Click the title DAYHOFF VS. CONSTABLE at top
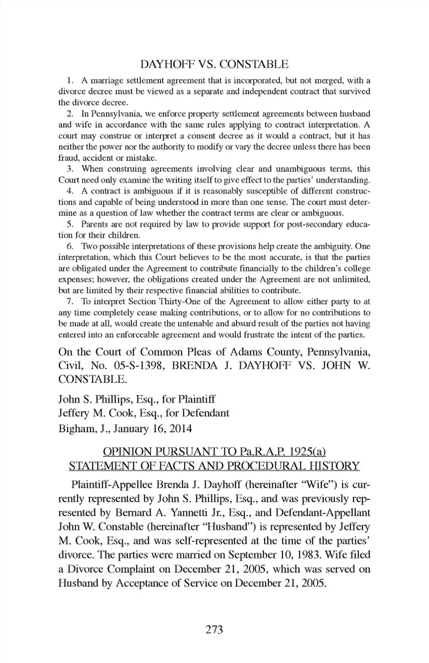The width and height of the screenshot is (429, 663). tap(214, 64)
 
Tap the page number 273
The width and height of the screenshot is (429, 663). tap(214, 630)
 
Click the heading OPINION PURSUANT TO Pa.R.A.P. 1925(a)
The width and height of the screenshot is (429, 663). tap(214, 452)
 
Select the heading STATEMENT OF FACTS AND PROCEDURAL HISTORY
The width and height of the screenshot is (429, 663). tap(214, 466)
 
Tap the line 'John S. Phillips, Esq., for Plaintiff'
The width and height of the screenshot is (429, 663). tap(137, 399)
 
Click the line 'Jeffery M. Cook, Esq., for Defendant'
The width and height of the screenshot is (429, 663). tap(144, 413)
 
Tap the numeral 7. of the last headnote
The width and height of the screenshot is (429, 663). tap(70, 302)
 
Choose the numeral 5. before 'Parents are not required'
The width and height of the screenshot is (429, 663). tap(70, 224)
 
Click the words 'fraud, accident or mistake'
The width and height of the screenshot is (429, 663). tap(107, 158)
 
